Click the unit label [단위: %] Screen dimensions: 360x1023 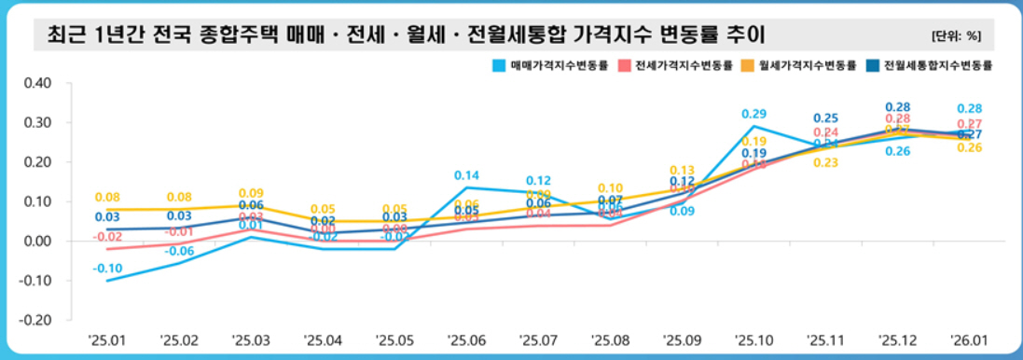click(956, 36)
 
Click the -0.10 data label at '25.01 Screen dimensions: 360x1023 click(105, 269)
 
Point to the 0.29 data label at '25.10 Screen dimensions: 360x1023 click(753, 114)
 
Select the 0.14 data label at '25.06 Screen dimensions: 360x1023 click(466, 175)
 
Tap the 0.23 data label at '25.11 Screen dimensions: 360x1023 click(824, 163)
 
